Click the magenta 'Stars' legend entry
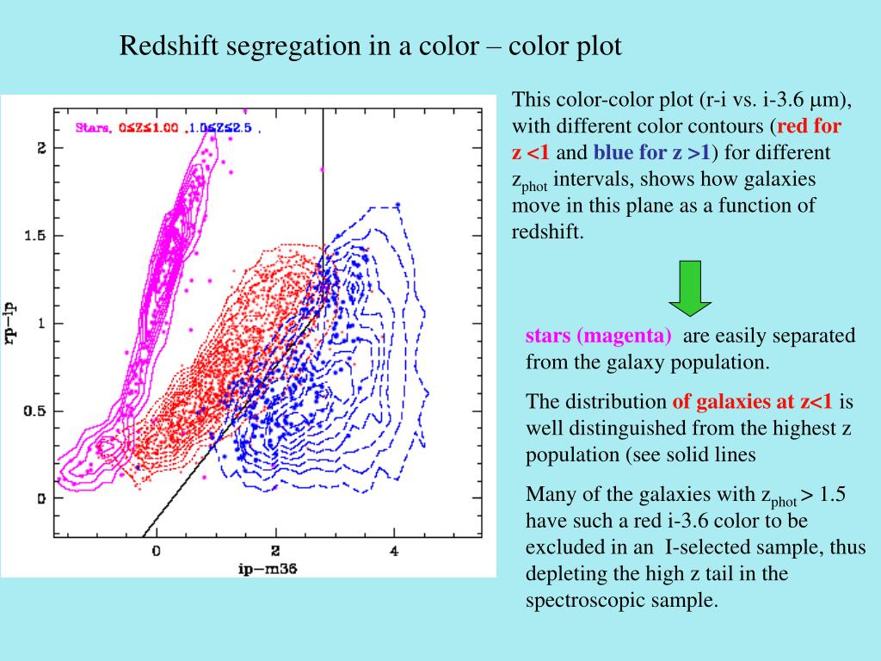pos(92,128)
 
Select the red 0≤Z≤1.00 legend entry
pos(148,128)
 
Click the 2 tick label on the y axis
pos(39,148)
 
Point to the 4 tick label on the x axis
pos(395,551)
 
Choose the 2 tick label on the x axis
pos(275,551)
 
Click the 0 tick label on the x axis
pos(157,551)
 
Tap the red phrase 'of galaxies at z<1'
pos(752,401)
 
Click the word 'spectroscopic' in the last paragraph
pos(579,600)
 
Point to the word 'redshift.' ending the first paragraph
pos(548,232)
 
